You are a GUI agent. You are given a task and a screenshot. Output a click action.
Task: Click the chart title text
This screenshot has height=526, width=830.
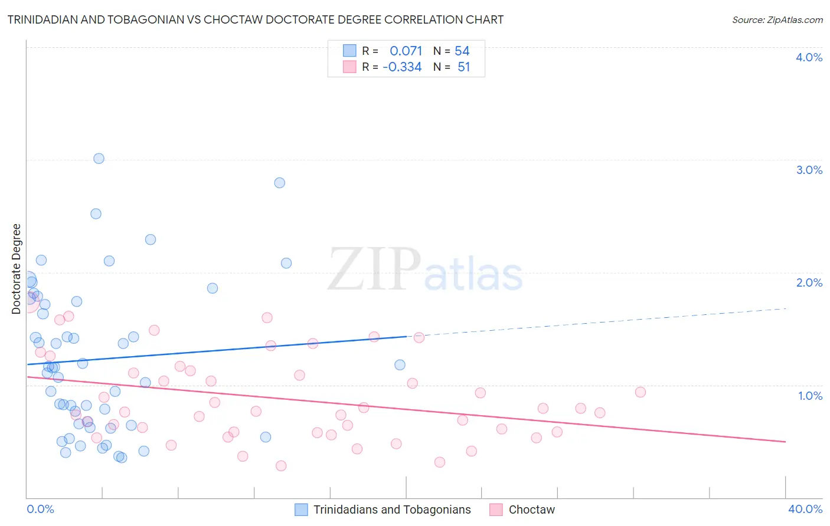(x=256, y=19)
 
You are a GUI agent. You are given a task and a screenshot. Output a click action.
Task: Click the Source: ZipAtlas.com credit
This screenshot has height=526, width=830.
(x=777, y=20)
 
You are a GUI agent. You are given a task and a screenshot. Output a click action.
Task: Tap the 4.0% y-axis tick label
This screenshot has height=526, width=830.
(x=809, y=57)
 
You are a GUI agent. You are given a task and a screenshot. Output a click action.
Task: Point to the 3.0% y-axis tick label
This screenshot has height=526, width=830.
(x=809, y=170)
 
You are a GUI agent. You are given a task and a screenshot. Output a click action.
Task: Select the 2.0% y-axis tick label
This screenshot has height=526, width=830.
(x=809, y=282)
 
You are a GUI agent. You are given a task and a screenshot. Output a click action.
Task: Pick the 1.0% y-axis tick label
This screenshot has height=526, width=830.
(x=810, y=396)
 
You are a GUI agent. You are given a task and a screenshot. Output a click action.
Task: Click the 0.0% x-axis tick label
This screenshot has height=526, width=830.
(x=40, y=509)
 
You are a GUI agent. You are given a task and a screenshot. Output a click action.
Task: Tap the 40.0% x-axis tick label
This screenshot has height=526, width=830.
(x=805, y=509)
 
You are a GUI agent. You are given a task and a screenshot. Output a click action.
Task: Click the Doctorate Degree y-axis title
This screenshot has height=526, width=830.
(x=17, y=269)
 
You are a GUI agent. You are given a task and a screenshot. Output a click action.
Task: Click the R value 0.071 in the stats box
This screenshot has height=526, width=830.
(x=406, y=51)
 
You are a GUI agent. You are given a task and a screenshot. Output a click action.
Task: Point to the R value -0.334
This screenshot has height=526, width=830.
(x=402, y=67)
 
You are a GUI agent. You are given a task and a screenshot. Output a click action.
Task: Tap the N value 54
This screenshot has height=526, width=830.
(x=462, y=51)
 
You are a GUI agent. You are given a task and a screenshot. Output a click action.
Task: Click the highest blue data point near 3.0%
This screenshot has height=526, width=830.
(x=99, y=159)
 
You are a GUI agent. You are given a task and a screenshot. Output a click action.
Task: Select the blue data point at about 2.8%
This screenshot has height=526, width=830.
(x=280, y=183)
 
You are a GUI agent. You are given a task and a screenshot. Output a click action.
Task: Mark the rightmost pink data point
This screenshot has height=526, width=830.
(x=641, y=392)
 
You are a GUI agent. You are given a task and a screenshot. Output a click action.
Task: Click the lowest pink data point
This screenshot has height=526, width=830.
(x=281, y=466)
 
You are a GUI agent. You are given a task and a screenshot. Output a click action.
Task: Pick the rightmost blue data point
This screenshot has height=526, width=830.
(x=400, y=365)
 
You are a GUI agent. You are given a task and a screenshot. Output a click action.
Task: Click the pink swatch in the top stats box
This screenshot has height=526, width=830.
(x=349, y=67)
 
